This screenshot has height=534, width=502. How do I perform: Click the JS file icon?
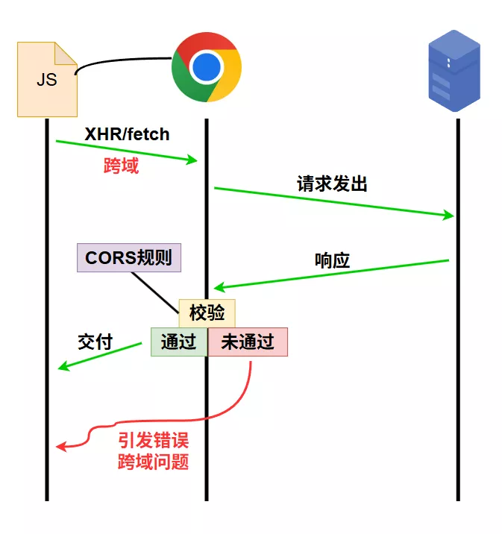46,79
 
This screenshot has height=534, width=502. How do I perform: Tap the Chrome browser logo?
206,67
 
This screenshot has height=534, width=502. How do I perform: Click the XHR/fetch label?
127,135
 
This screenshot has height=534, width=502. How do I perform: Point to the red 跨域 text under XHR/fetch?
121,166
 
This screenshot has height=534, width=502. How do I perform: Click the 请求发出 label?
332,184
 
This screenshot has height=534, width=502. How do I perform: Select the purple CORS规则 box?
129,258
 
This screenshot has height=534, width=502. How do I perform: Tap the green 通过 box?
179,342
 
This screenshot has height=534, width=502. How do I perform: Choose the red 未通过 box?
248,342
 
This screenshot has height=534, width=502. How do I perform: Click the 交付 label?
95,342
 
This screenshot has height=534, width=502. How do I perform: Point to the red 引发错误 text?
153,441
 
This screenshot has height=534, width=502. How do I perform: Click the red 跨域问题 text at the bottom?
153,462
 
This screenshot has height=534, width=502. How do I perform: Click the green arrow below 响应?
332,274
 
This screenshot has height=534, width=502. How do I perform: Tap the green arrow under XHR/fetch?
127,151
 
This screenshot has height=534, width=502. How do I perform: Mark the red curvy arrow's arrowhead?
60,446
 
